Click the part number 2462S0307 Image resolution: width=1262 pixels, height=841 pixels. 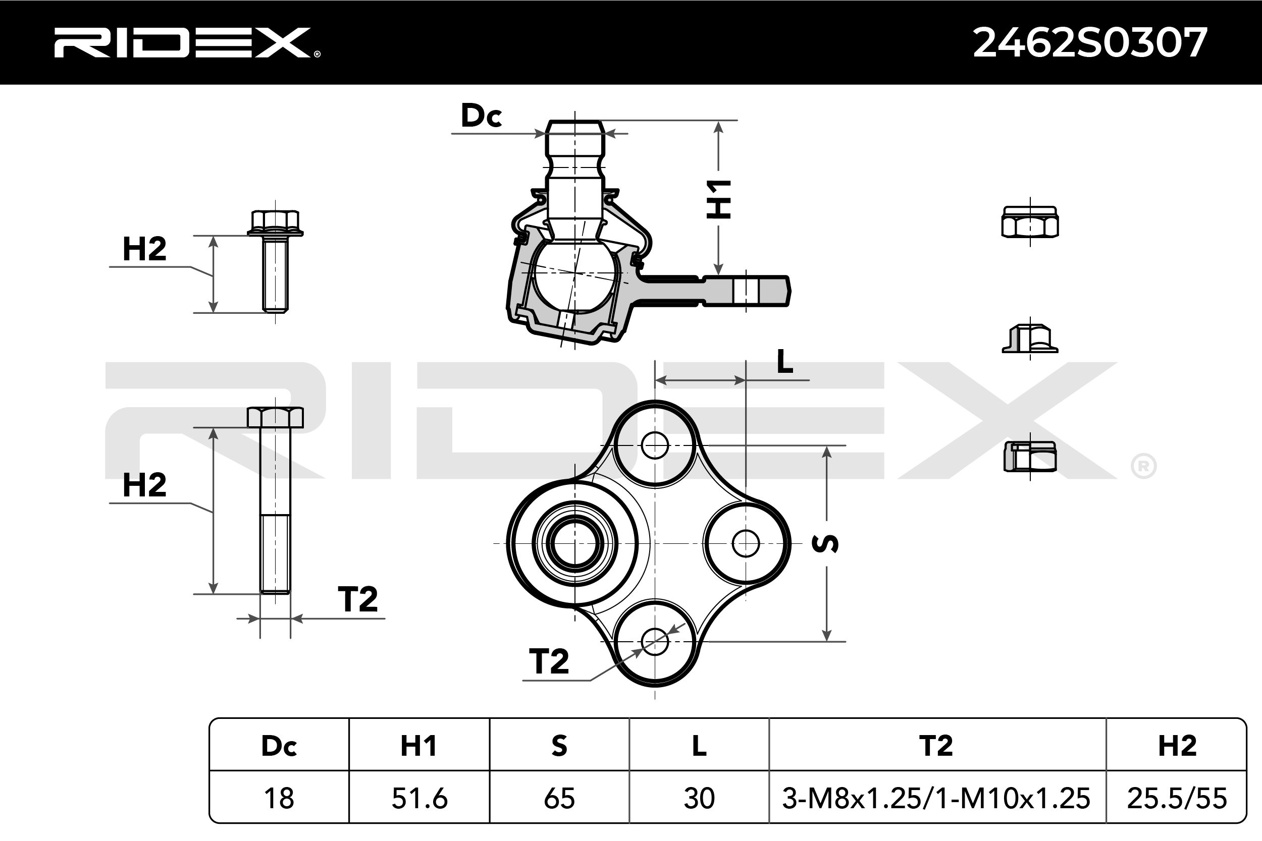[1090, 43]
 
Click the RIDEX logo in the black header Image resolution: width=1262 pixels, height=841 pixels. [187, 42]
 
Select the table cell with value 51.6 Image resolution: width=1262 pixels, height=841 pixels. [419, 798]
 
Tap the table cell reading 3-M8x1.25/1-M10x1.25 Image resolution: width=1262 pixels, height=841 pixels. [936, 798]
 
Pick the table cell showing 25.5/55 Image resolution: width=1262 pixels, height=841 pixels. [1177, 798]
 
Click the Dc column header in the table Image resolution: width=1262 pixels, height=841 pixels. [279, 746]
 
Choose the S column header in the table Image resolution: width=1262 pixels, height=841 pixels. [559, 746]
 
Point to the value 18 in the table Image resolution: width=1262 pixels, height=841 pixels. [279, 798]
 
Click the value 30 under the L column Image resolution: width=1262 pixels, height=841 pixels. [699, 798]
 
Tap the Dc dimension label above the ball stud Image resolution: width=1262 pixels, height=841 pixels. [481, 116]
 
